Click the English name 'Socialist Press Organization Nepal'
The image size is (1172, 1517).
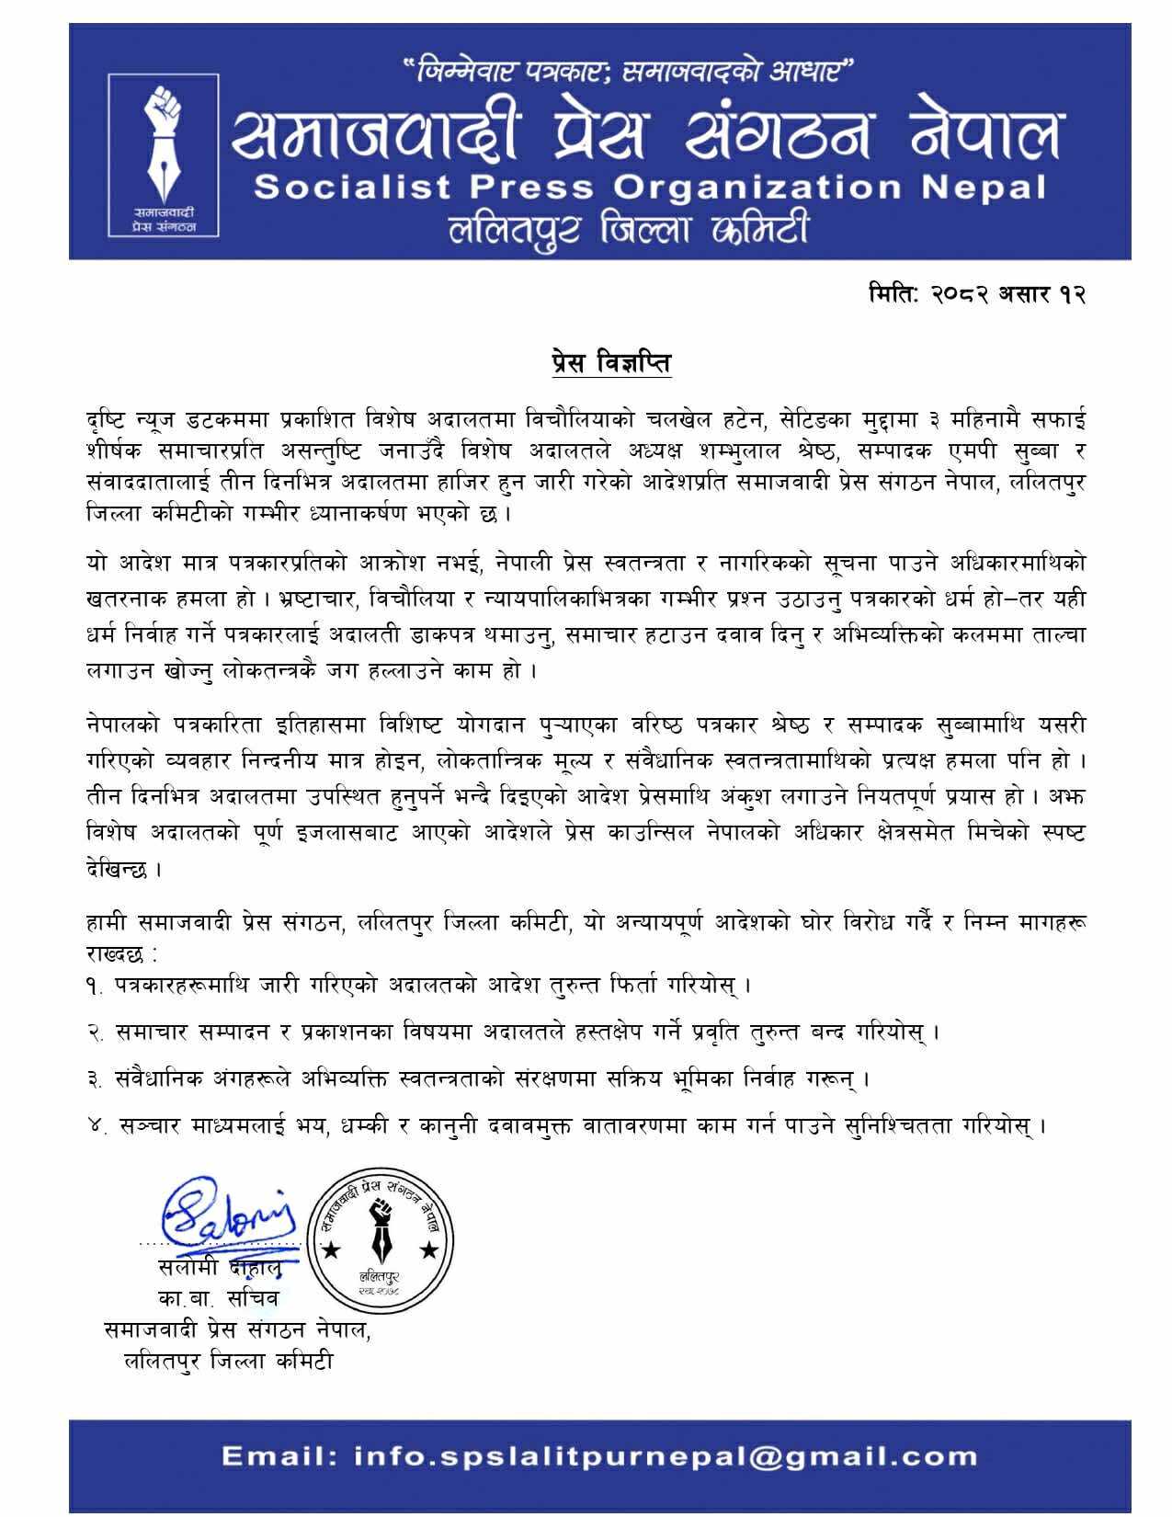(650, 188)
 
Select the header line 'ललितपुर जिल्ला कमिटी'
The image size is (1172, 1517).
(628, 227)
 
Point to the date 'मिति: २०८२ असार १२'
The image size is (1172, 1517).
(977, 294)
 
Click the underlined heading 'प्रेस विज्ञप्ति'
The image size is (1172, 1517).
(605, 363)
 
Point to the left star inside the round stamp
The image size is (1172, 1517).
(330, 1250)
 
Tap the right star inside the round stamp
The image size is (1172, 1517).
(427, 1250)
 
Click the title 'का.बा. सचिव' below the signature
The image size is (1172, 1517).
(218, 1298)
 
